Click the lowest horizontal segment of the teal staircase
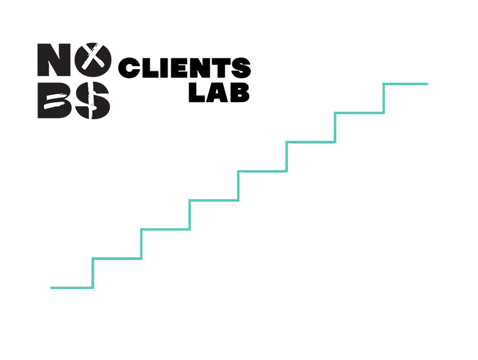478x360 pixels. coord(72,288)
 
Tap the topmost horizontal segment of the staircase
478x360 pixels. coord(405,84)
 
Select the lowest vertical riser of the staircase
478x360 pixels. coord(93,273)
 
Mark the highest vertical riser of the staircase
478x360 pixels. coord(384,98)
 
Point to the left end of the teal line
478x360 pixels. coord(51,288)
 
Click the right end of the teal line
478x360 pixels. coord(427,84)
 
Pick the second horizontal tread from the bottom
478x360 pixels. coord(117,259)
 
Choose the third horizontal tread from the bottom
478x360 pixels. coord(165,229)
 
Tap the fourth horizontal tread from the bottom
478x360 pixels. coord(213,200)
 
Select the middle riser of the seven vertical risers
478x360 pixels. coord(238,185)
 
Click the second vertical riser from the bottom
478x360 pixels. coord(141,244)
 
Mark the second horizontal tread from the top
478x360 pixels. coord(359,113)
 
